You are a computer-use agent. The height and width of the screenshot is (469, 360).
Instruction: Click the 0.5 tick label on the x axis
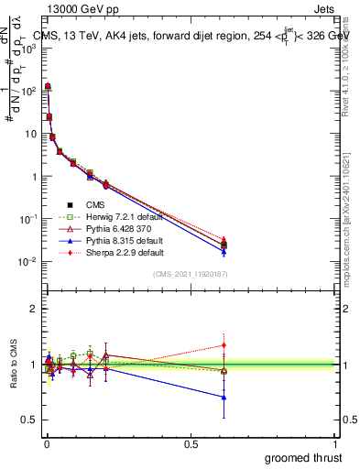[x=191, y=444]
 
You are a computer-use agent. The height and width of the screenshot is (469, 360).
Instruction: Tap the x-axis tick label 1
[x=336, y=444]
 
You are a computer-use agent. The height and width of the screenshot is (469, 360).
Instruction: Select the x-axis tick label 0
[x=46, y=444]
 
